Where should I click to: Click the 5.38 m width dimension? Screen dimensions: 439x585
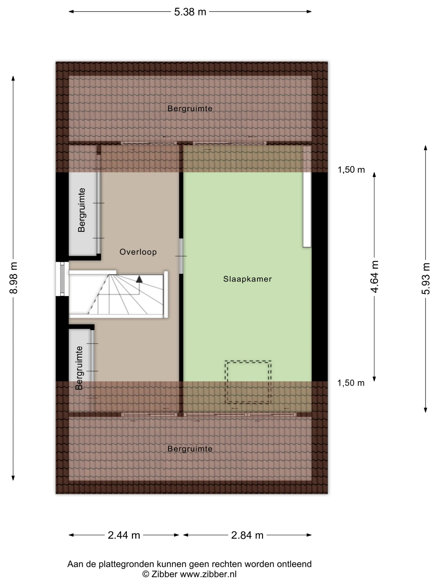click(190, 12)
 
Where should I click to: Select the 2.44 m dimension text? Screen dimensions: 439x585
click(124, 535)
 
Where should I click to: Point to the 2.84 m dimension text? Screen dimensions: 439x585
click(247, 535)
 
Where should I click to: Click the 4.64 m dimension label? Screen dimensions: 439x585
click(374, 277)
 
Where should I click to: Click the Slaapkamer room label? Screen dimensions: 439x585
click(248, 279)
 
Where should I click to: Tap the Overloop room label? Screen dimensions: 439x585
click(138, 252)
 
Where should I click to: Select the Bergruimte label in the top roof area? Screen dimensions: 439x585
click(190, 108)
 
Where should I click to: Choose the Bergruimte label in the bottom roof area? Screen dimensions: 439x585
click(190, 449)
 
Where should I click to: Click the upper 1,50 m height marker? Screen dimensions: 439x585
click(351, 170)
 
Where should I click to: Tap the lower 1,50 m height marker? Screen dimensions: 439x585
click(351, 383)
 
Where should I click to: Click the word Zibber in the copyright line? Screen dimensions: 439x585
click(164, 574)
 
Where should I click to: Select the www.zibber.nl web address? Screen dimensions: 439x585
click(208, 574)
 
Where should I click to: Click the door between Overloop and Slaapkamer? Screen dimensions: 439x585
click(181, 256)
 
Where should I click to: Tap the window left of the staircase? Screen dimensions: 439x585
click(62, 279)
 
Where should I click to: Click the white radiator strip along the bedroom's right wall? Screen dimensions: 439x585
click(307, 197)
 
